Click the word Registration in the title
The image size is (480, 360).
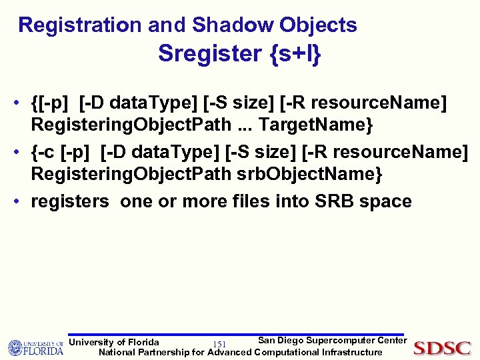80,25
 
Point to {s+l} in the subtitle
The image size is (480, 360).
296,53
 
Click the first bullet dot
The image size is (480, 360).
23,105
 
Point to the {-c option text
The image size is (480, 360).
44,153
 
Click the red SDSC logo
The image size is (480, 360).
442,348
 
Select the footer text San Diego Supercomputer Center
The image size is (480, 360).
331,341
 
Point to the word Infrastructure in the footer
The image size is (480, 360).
352,352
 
